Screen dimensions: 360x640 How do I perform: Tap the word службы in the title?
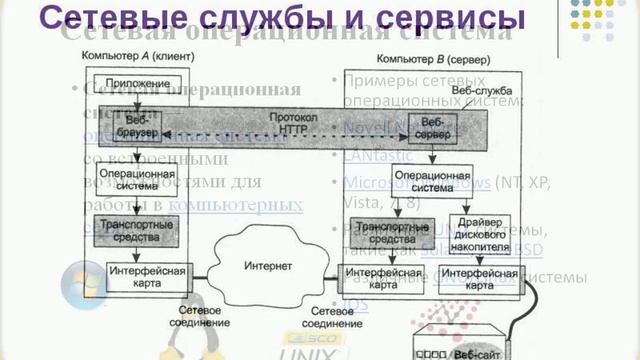254,18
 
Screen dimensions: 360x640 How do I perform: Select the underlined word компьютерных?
236,204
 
